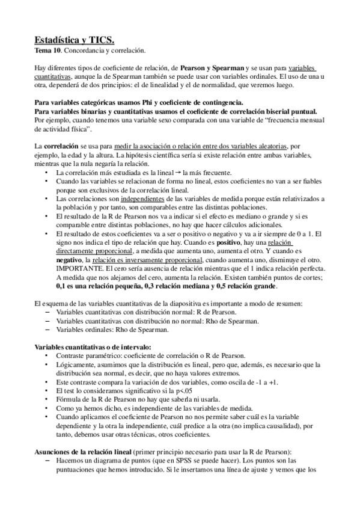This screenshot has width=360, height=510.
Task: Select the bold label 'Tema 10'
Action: point(45,52)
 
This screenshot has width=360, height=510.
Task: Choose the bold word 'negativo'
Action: point(68,259)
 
